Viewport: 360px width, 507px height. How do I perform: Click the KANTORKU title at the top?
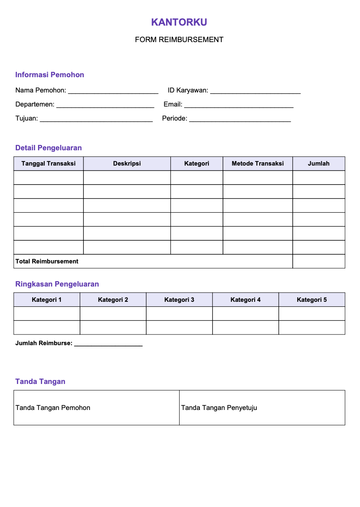tap(179, 22)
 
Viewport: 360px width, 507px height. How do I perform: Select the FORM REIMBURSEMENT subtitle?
tap(179, 40)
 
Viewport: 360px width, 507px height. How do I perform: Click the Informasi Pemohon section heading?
tap(50, 75)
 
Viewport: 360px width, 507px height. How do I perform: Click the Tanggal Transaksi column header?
tap(48, 163)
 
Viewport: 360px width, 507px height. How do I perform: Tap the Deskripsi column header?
tap(127, 163)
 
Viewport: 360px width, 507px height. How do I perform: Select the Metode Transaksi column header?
tap(258, 163)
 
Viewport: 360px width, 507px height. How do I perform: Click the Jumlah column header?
tap(319, 163)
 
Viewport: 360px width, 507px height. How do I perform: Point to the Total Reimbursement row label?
tap(47, 261)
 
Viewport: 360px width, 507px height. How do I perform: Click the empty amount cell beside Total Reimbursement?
tap(319, 261)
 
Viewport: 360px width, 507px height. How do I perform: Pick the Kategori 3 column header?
tap(179, 300)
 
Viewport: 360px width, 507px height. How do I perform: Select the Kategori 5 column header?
tap(312, 300)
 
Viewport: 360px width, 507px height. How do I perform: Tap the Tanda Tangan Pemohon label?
tap(53, 408)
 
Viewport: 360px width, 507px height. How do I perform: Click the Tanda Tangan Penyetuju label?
tap(219, 408)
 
